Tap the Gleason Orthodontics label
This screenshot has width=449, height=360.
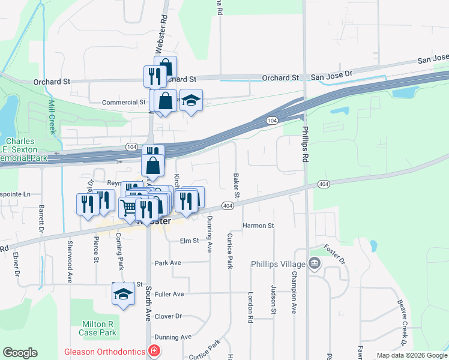point(106,351)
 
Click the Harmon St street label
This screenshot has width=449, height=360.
point(258,226)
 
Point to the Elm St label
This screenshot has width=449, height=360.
point(189,241)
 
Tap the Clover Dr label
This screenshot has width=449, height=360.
point(168,316)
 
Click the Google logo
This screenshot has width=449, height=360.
point(20,353)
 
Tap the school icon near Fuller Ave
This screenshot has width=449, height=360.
point(123,294)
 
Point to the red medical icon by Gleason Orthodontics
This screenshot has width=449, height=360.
point(154,351)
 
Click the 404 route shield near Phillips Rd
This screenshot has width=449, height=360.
point(324,184)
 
